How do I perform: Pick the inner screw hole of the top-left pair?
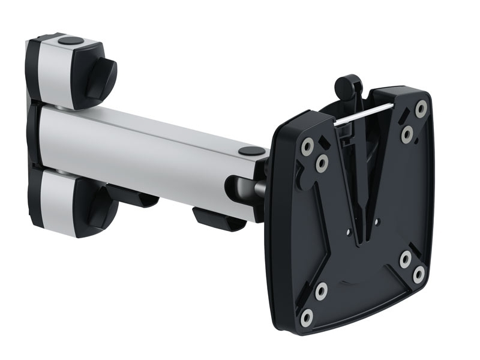coord(322,161)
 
